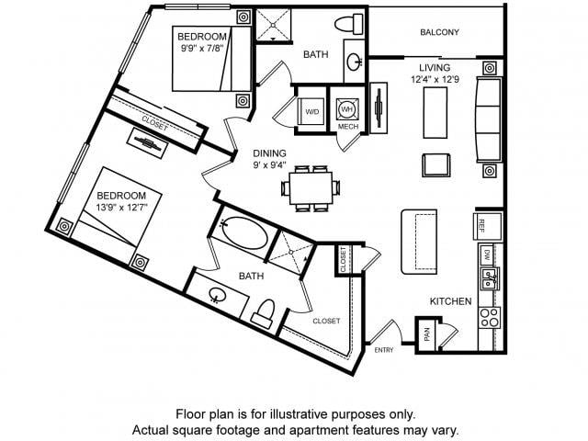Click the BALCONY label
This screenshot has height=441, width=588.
point(439,32)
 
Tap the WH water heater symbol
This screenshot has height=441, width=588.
point(347,109)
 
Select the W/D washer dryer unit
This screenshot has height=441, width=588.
point(312,111)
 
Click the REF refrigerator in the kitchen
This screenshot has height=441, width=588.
point(488,227)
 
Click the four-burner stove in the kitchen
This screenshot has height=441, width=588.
point(490,317)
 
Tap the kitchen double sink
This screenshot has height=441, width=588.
point(490,278)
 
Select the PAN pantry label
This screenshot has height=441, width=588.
point(426,334)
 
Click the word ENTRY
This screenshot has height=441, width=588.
point(384,350)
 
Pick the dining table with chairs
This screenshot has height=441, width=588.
point(311,188)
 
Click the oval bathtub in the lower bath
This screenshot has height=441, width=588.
point(243,232)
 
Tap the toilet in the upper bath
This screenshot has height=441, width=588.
point(349,25)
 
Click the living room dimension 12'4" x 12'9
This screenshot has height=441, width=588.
point(435,80)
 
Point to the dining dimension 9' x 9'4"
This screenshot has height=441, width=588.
point(269,164)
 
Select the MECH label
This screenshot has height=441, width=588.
point(348,127)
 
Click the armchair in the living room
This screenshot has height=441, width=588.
point(436,165)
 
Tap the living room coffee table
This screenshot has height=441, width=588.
point(435,112)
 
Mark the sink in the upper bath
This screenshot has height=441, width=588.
point(354,62)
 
